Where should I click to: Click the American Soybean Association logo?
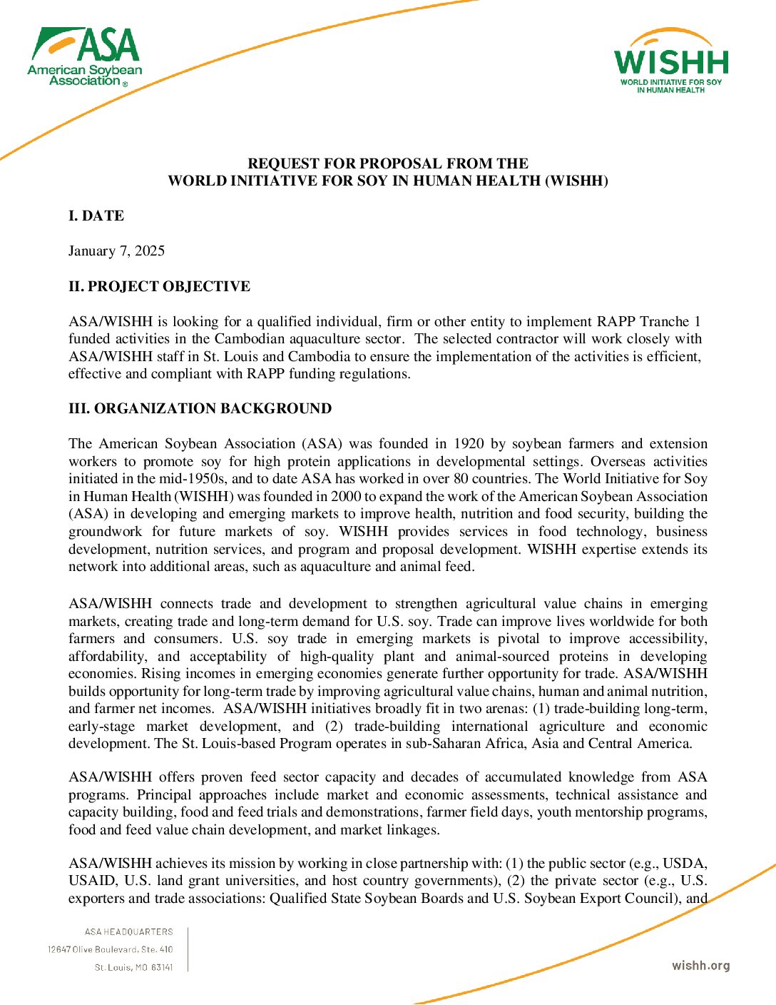(85, 57)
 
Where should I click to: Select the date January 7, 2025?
(116, 251)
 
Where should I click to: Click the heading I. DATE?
(96, 216)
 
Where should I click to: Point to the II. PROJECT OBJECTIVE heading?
(159, 286)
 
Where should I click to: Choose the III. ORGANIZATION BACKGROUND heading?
(200, 408)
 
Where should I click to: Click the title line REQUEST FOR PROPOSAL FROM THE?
(388, 163)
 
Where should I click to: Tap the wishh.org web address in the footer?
(700, 966)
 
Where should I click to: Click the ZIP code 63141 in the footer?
(162, 967)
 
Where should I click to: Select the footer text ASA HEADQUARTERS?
(128, 931)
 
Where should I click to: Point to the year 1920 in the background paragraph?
(470, 444)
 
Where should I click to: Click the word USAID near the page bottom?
(91, 881)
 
